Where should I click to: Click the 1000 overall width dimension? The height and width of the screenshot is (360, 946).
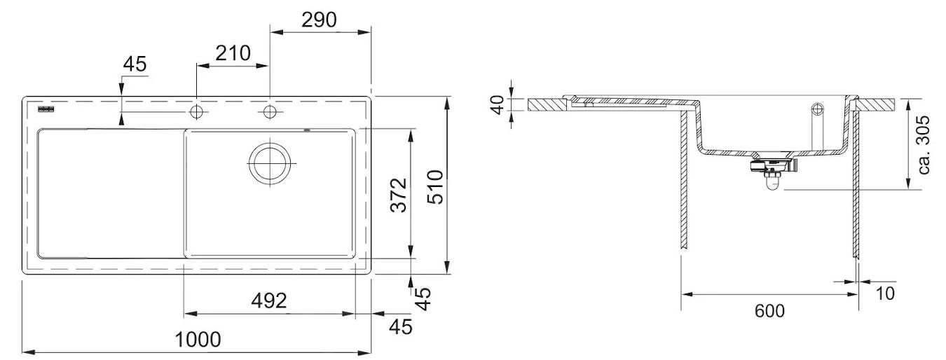(198, 340)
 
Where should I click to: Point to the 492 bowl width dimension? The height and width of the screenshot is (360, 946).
(269, 301)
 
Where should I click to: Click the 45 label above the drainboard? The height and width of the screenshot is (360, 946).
(134, 64)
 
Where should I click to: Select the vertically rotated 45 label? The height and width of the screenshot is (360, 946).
(421, 299)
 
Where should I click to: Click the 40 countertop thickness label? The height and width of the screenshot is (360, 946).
(498, 105)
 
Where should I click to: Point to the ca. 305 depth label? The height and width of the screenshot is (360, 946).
(924, 144)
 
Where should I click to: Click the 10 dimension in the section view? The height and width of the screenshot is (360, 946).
(885, 293)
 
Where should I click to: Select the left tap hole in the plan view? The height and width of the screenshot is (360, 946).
(196, 112)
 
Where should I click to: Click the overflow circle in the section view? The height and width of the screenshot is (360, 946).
(817, 109)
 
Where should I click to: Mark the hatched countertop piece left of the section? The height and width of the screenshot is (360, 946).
(549, 105)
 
